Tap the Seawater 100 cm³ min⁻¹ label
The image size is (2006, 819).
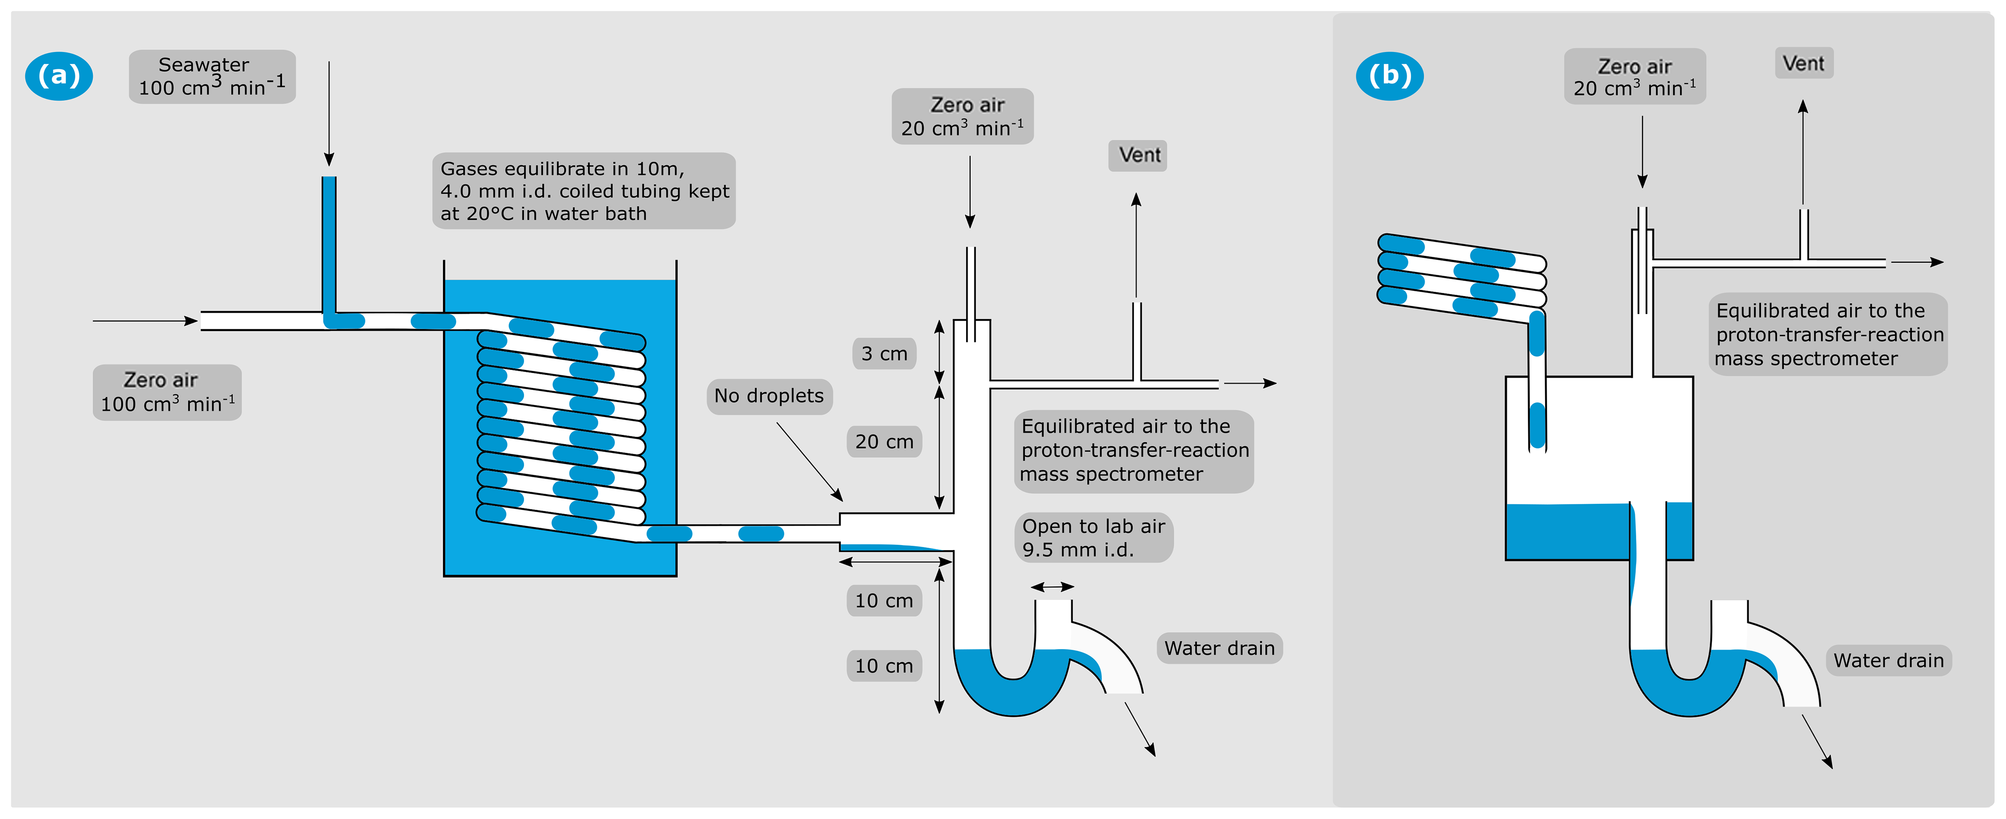(212, 76)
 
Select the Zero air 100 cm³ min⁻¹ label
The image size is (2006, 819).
(166, 392)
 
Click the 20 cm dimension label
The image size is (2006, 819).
(884, 442)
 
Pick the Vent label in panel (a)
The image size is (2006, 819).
(1138, 155)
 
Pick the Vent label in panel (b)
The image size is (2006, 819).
(1804, 63)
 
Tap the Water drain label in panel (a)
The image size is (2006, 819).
(1219, 648)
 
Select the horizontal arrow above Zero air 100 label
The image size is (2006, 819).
(145, 320)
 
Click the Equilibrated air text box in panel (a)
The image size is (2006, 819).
(1134, 451)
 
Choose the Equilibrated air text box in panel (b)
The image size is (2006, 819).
(1827, 335)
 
